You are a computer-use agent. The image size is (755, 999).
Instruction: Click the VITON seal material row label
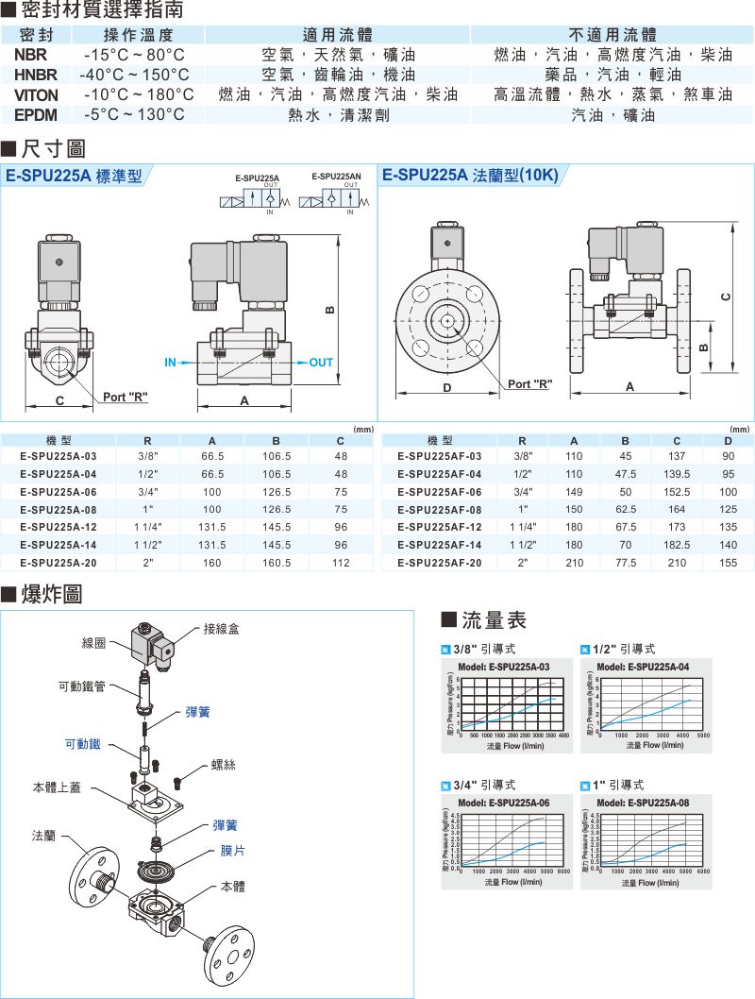pyautogui.click(x=36, y=94)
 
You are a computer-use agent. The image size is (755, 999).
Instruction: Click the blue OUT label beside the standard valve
pyautogui.click(x=321, y=363)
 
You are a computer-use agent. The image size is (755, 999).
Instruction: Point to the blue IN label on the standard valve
pyautogui.click(x=171, y=363)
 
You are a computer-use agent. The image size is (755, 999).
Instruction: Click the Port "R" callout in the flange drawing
pyautogui.click(x=529, y=383)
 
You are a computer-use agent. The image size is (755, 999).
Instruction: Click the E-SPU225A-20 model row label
pyautogui.click(x=58, y=563)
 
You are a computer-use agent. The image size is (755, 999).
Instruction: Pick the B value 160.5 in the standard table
pyautogui.click(x=276, y=563)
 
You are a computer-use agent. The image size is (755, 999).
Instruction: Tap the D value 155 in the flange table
pyautogui.click(x=728, y=563)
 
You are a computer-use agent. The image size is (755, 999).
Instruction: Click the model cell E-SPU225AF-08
pyautogui.click(x=439, y=509)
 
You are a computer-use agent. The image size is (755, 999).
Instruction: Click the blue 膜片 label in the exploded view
pyautogui.click(x=232, y=851)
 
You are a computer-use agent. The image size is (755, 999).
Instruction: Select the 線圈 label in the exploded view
pyautogui.click(x=94, y=643)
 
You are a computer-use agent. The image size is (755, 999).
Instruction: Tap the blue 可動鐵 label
pyautogui.click(x=82, y=745)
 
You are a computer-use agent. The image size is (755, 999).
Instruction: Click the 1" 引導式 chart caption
pyautogui.click(x=619, y=785)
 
